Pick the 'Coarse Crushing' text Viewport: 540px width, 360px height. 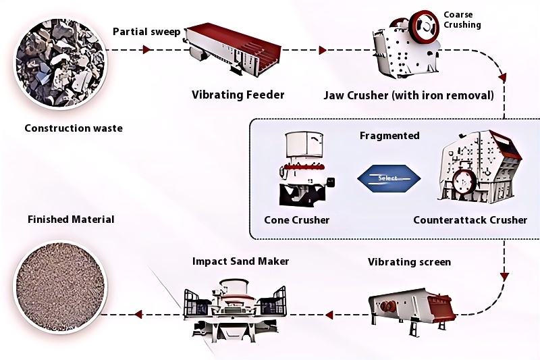462,20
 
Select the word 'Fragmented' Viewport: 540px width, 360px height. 389,136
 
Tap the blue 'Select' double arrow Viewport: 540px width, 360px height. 388,178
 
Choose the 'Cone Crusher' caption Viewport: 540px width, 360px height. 297,220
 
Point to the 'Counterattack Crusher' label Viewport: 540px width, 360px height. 470,220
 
